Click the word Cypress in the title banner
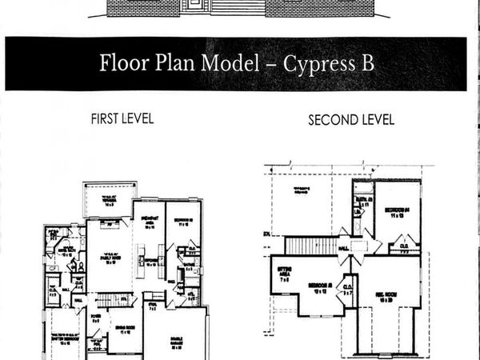click(x=318, y=64)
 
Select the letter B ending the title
click(x=366, y=64)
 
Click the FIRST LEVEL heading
click(x=122, y=118)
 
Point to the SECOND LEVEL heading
click(x=351, y=120)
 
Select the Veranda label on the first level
click(x=105, y=201)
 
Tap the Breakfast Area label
click(x=149, y=225)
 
